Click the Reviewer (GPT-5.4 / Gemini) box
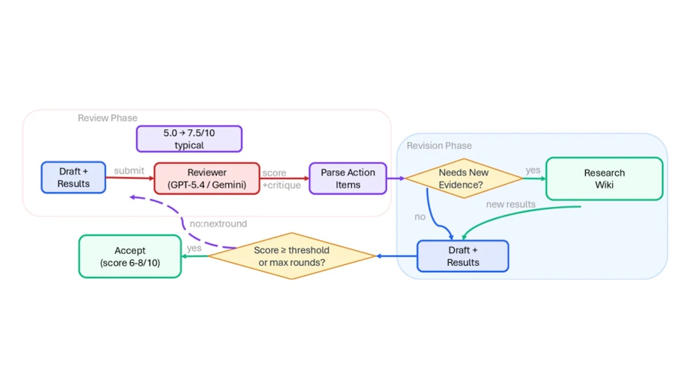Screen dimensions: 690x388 coord(206,178)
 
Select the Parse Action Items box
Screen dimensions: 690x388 coord(348,178)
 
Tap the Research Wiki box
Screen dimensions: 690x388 coord(604,179)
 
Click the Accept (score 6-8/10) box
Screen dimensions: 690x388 coord(130,256)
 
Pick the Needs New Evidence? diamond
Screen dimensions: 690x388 coord(463,178)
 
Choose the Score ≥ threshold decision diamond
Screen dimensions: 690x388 coord(292,256)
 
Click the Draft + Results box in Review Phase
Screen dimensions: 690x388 coord(74,178)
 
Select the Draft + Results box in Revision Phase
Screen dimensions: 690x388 coord(463,256)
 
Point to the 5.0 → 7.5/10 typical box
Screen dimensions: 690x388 coord(189,139)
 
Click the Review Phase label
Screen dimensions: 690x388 coord(108,118)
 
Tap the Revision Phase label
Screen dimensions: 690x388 coord(439,145)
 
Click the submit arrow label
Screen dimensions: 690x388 coord(129,170)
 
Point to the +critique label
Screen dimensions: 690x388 coord(282,185)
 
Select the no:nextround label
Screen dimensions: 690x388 coord(218,224)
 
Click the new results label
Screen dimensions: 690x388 coord(511,204)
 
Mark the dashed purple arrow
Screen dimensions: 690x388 coord(182,220)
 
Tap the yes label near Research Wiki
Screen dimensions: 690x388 coord(533,170)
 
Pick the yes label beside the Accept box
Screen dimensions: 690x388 coord(194,248)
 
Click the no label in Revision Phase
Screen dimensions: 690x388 coord(420,217)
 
